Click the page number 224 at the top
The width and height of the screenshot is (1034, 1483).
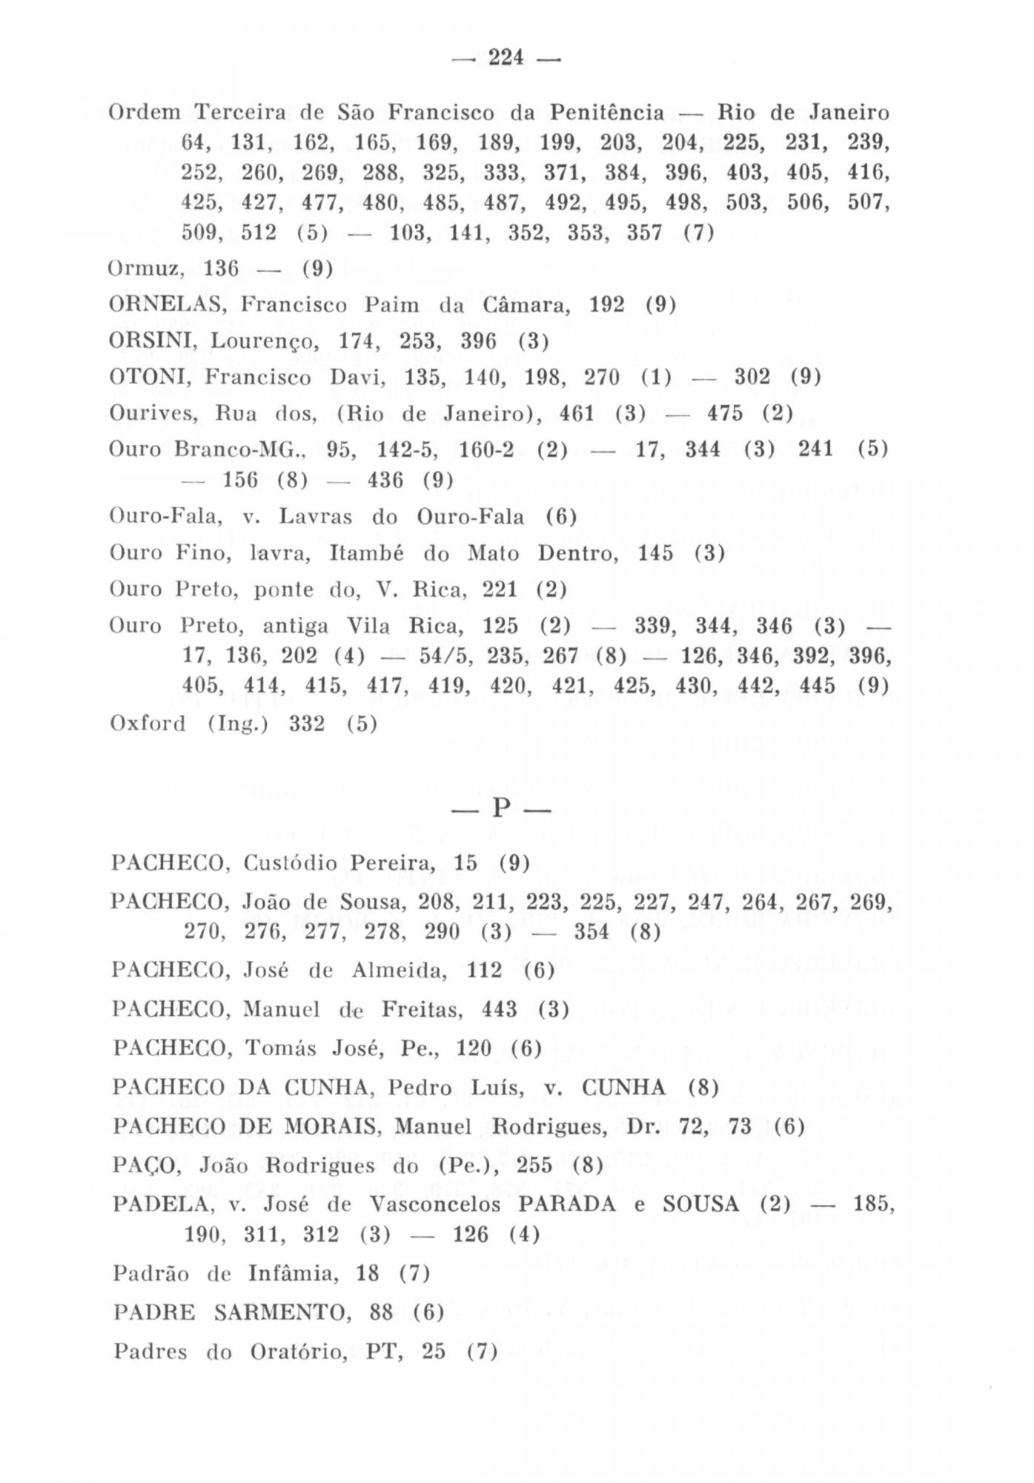click(506, 57)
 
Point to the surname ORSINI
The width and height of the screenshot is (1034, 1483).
click(153, 341)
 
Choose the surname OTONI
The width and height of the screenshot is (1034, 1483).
click(150, 377)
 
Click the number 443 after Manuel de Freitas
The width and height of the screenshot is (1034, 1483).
click(500, 1009)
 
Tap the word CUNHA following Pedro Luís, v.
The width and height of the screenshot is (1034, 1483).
click(624, 1088)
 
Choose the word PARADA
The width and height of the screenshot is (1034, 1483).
click(567, 1204)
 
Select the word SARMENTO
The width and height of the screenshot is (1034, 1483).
click(282, 1312)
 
